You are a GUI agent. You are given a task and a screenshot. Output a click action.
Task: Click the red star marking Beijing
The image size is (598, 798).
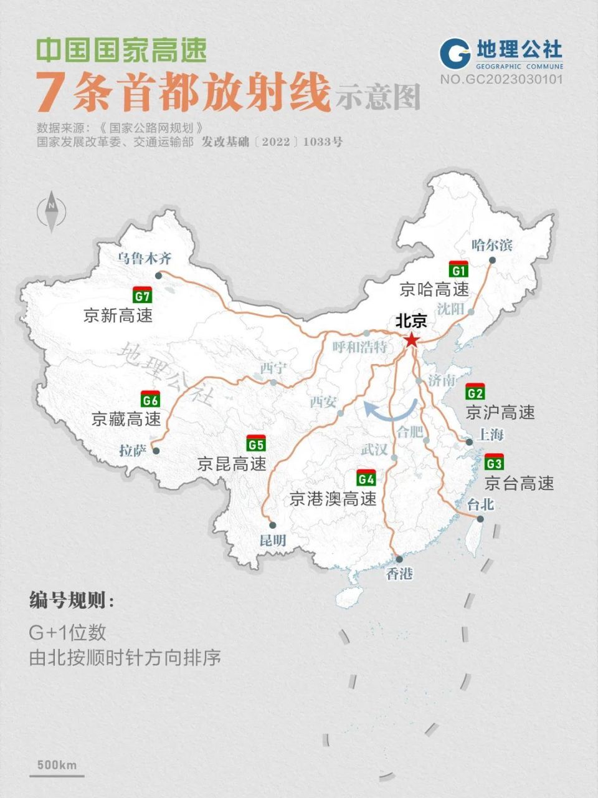[412, 340]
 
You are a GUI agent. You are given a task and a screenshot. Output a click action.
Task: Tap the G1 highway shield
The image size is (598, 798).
[458, 269]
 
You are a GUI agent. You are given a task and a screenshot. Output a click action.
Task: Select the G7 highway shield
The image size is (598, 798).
[142, 296]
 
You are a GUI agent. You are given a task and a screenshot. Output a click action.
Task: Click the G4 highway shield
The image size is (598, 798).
[366, 478]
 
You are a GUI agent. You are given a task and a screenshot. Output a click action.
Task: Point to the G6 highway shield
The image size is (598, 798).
[151, 400]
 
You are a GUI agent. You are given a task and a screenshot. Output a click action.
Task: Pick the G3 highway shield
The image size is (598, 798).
[494, 463]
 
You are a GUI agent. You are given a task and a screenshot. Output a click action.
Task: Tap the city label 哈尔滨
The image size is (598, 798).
[492, 245]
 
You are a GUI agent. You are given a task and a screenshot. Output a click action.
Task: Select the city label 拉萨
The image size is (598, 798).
[131, 450]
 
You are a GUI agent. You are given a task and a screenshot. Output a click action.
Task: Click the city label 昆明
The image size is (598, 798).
[273, 540]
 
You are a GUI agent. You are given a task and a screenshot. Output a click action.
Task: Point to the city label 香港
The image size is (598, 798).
[399, 573]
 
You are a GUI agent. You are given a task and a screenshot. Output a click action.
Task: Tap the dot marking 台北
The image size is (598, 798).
[480, 519]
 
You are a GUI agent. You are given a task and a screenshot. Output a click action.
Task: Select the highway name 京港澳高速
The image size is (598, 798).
[333, 499]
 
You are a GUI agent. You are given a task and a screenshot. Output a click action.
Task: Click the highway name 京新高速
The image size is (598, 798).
[118, 315]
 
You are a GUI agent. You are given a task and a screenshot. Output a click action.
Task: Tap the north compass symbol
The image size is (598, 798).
[52, 212]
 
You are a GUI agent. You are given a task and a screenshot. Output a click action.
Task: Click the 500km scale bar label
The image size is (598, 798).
[57, 765]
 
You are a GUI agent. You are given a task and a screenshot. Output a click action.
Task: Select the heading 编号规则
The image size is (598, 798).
[72, 601]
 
